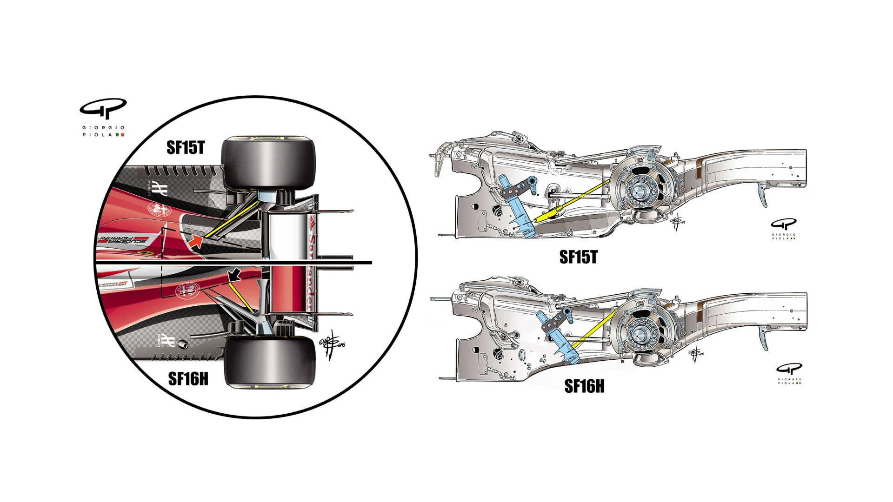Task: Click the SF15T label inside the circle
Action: click(185, 148)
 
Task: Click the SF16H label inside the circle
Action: click(188, 379)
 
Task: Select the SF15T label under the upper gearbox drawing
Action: click(578, 257)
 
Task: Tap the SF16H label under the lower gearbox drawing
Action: click(584, 386)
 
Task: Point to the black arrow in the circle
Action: click(234, 275)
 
